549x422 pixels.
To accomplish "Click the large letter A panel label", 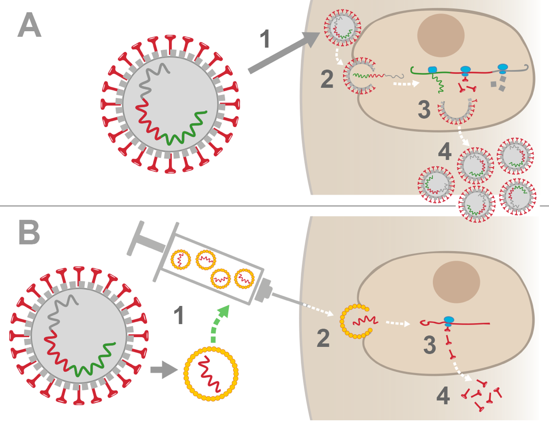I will (29, 25).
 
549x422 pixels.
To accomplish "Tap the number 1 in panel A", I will (264, 40).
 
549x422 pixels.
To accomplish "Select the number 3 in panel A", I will (424, 109).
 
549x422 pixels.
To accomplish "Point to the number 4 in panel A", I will (444, 152).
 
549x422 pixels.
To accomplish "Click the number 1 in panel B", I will (178, 316).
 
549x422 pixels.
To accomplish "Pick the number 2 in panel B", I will (323, 338).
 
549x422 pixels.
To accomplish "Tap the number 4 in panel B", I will (443, 396).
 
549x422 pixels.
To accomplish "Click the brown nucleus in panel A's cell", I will (441, 36).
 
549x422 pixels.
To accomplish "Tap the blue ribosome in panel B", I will (449, 320).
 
